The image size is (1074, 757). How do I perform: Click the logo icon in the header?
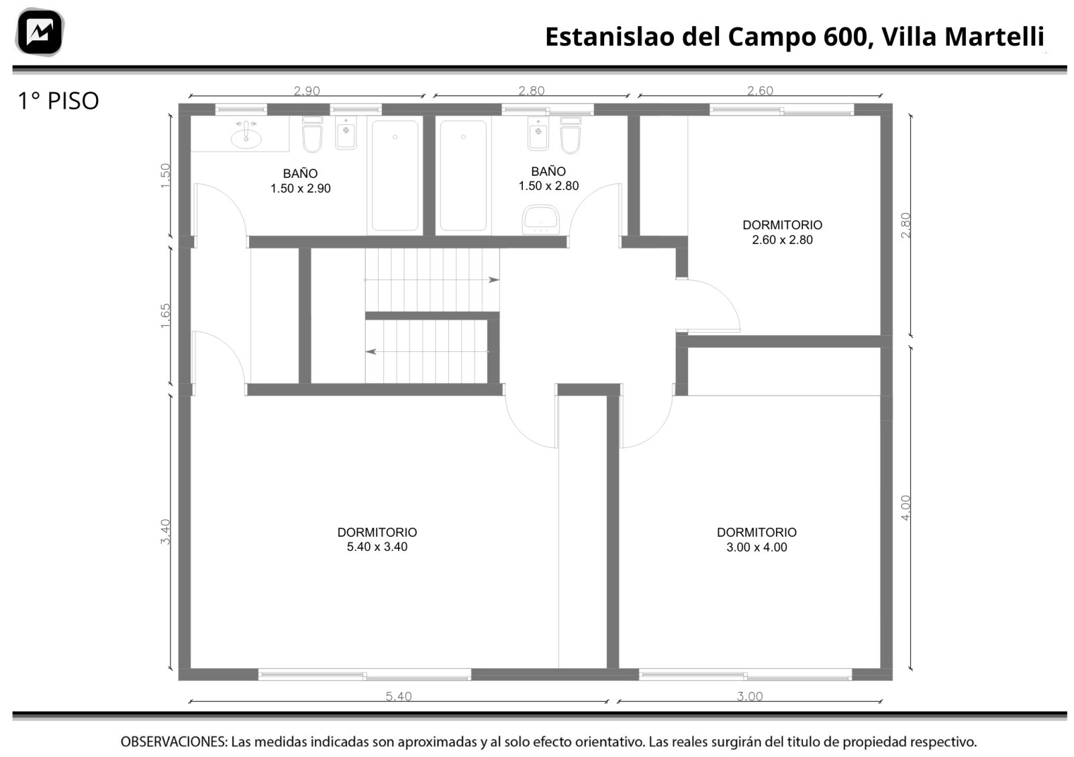(40, 32)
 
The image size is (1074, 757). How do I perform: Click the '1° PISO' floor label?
(58, 101)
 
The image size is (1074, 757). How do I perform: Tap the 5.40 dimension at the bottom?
(399, 696)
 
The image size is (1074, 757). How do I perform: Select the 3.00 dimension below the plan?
(749, 696)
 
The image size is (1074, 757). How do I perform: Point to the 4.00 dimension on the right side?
(906, 508)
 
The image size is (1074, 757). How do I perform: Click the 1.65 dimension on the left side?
(165, 316)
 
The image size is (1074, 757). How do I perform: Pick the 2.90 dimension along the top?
(306, 91)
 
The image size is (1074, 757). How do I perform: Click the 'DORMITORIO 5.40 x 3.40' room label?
(377, 539)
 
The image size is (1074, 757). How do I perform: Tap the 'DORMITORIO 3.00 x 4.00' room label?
(756, 539)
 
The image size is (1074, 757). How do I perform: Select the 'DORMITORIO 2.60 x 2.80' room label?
(782, 232)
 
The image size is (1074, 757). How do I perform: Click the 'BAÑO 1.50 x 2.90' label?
(300, 181)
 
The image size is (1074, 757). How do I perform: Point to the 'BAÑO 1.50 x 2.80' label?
(548, 179)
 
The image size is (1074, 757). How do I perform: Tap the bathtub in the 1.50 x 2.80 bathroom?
(463, 175)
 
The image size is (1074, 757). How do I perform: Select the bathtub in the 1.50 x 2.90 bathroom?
(395, 175)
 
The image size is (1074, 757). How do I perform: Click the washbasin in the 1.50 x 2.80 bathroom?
(540, 220)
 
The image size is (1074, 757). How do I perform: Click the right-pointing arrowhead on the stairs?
(494, 279)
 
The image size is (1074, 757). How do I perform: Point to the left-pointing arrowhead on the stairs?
(371, 352)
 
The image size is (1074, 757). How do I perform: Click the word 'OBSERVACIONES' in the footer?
(174, 742)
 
